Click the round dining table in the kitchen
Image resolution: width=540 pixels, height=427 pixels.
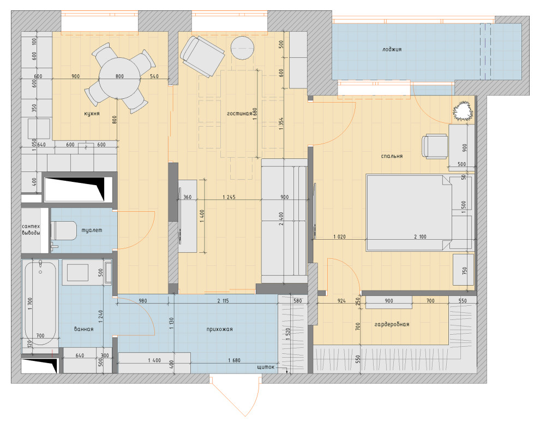[119, 78]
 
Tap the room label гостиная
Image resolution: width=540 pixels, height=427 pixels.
[239, 114]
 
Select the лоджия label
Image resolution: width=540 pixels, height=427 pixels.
[392, 49]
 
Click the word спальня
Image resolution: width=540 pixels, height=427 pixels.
[392, 156]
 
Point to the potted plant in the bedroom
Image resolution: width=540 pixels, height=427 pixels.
[463, 111]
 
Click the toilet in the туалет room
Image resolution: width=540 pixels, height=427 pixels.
[64, 230]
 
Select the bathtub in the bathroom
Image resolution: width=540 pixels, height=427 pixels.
[40, 304]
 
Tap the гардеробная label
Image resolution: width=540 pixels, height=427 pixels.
[392, 324]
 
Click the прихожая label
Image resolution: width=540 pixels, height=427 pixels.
[219, 329]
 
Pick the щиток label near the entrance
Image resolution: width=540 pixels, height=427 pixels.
[266, 367]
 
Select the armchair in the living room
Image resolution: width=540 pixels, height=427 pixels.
[202, 57]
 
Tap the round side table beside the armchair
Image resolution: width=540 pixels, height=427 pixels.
[242, 48]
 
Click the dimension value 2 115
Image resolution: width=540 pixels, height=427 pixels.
[223, 301]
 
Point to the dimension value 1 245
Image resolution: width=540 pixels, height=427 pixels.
[229, 197]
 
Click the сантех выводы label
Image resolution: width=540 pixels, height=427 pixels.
[31, 229]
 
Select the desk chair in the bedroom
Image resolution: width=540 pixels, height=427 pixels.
[435, 146]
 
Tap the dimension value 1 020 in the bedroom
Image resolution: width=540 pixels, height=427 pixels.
[340, 237]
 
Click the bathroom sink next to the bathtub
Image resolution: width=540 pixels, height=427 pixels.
[77, 272]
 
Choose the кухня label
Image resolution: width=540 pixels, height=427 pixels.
[92, 114]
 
